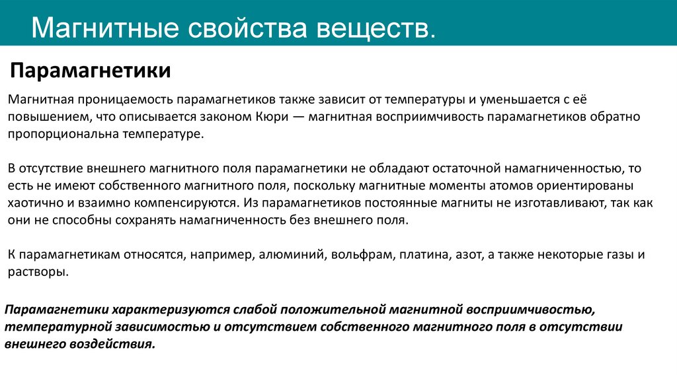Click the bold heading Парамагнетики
click(90, 70)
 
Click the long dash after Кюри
click(295, 117)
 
